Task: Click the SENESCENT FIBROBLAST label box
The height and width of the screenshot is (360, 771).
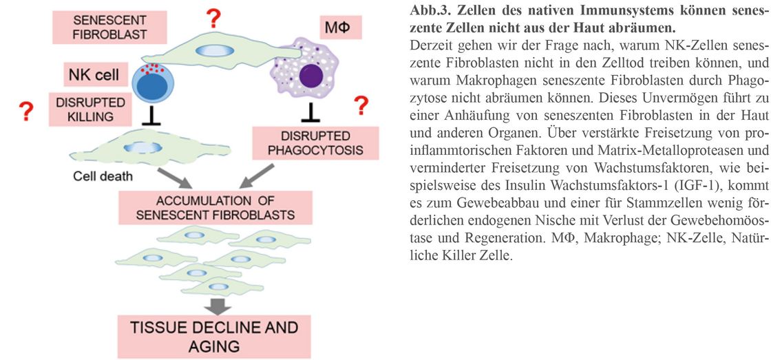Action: (x=109, y=27)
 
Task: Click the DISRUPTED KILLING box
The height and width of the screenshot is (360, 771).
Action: (x=90, y=109)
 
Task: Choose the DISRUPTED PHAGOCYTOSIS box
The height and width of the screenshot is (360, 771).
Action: (x=315, y=143)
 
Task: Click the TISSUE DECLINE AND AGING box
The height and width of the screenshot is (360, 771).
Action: (x=214, y=337)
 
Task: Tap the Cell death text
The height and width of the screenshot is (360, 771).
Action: (x=103, y=176)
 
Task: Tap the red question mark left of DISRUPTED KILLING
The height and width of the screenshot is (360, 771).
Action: (x=25, y=111)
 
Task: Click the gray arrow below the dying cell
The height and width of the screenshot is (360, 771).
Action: (x=174, y=178)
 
